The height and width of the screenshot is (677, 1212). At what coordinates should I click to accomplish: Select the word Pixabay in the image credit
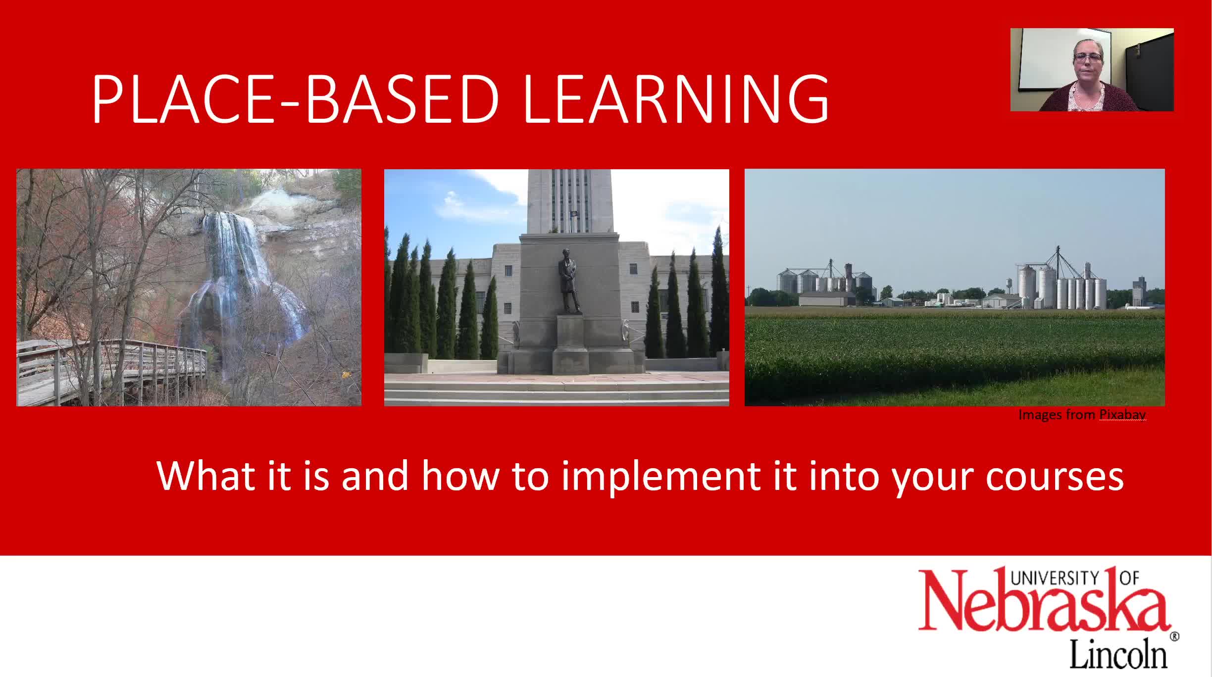point(1122,415)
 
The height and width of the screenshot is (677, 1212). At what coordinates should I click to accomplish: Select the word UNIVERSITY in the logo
point(1055,578)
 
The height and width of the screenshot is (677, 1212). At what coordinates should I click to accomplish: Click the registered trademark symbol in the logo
point(1174,636)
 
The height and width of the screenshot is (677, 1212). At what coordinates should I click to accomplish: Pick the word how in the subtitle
point(460,476)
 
